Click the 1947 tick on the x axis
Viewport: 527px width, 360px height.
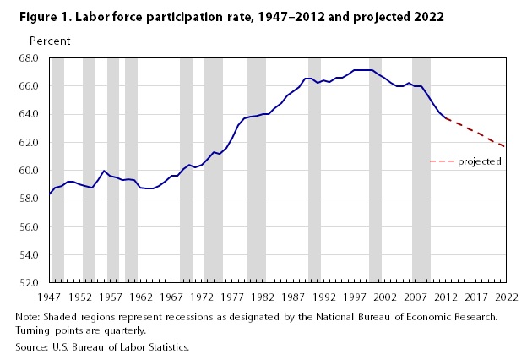click(x=49, y=297)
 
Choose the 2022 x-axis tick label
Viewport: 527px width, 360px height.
click(x=506, y=297)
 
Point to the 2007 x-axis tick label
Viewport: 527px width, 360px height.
click(x=415, y=297)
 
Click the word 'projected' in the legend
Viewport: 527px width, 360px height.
click(x=480, y=161)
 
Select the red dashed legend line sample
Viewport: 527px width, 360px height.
click(x=441, y=161)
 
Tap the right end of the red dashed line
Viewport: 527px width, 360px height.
click(x=505, y=147)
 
